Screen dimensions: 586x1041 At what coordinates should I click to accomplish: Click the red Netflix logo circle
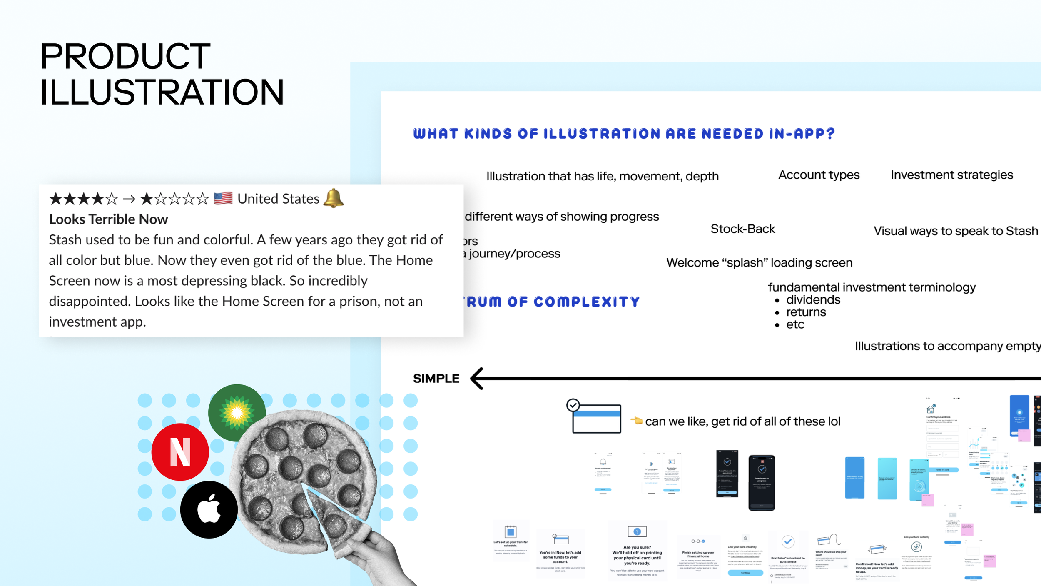click(180, 452)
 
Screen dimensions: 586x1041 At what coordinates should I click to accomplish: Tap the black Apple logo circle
click(209, 509)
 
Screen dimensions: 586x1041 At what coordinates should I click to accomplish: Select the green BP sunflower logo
click(237, 412)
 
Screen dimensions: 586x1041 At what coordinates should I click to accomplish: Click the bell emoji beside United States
click(334, 198)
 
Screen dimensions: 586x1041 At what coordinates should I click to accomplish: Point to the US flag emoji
click(223, 198)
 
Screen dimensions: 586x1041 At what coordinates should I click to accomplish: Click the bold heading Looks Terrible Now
click(108, 219)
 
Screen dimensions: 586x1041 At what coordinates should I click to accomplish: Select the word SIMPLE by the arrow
click(436, 379)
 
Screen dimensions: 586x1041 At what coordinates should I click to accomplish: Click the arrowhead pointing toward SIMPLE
click(477, 379)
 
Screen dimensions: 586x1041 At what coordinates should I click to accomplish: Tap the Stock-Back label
click(742, 229)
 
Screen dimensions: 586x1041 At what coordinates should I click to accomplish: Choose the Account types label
click(819, 175)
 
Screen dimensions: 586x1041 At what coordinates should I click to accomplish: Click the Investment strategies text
click(951, 175)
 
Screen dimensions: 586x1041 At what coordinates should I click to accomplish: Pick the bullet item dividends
click(813, 300)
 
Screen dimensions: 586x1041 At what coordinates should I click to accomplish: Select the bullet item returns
click(806, 312)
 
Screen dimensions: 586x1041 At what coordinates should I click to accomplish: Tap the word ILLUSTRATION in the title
click(162, 92)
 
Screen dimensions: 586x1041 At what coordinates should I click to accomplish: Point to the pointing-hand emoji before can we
click(636, 421)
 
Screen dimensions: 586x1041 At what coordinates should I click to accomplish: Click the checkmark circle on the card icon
click(573, 405)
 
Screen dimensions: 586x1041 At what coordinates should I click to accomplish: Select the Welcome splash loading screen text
click(759, 263)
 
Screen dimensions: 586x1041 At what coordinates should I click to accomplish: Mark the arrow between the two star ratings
click(129, 199)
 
